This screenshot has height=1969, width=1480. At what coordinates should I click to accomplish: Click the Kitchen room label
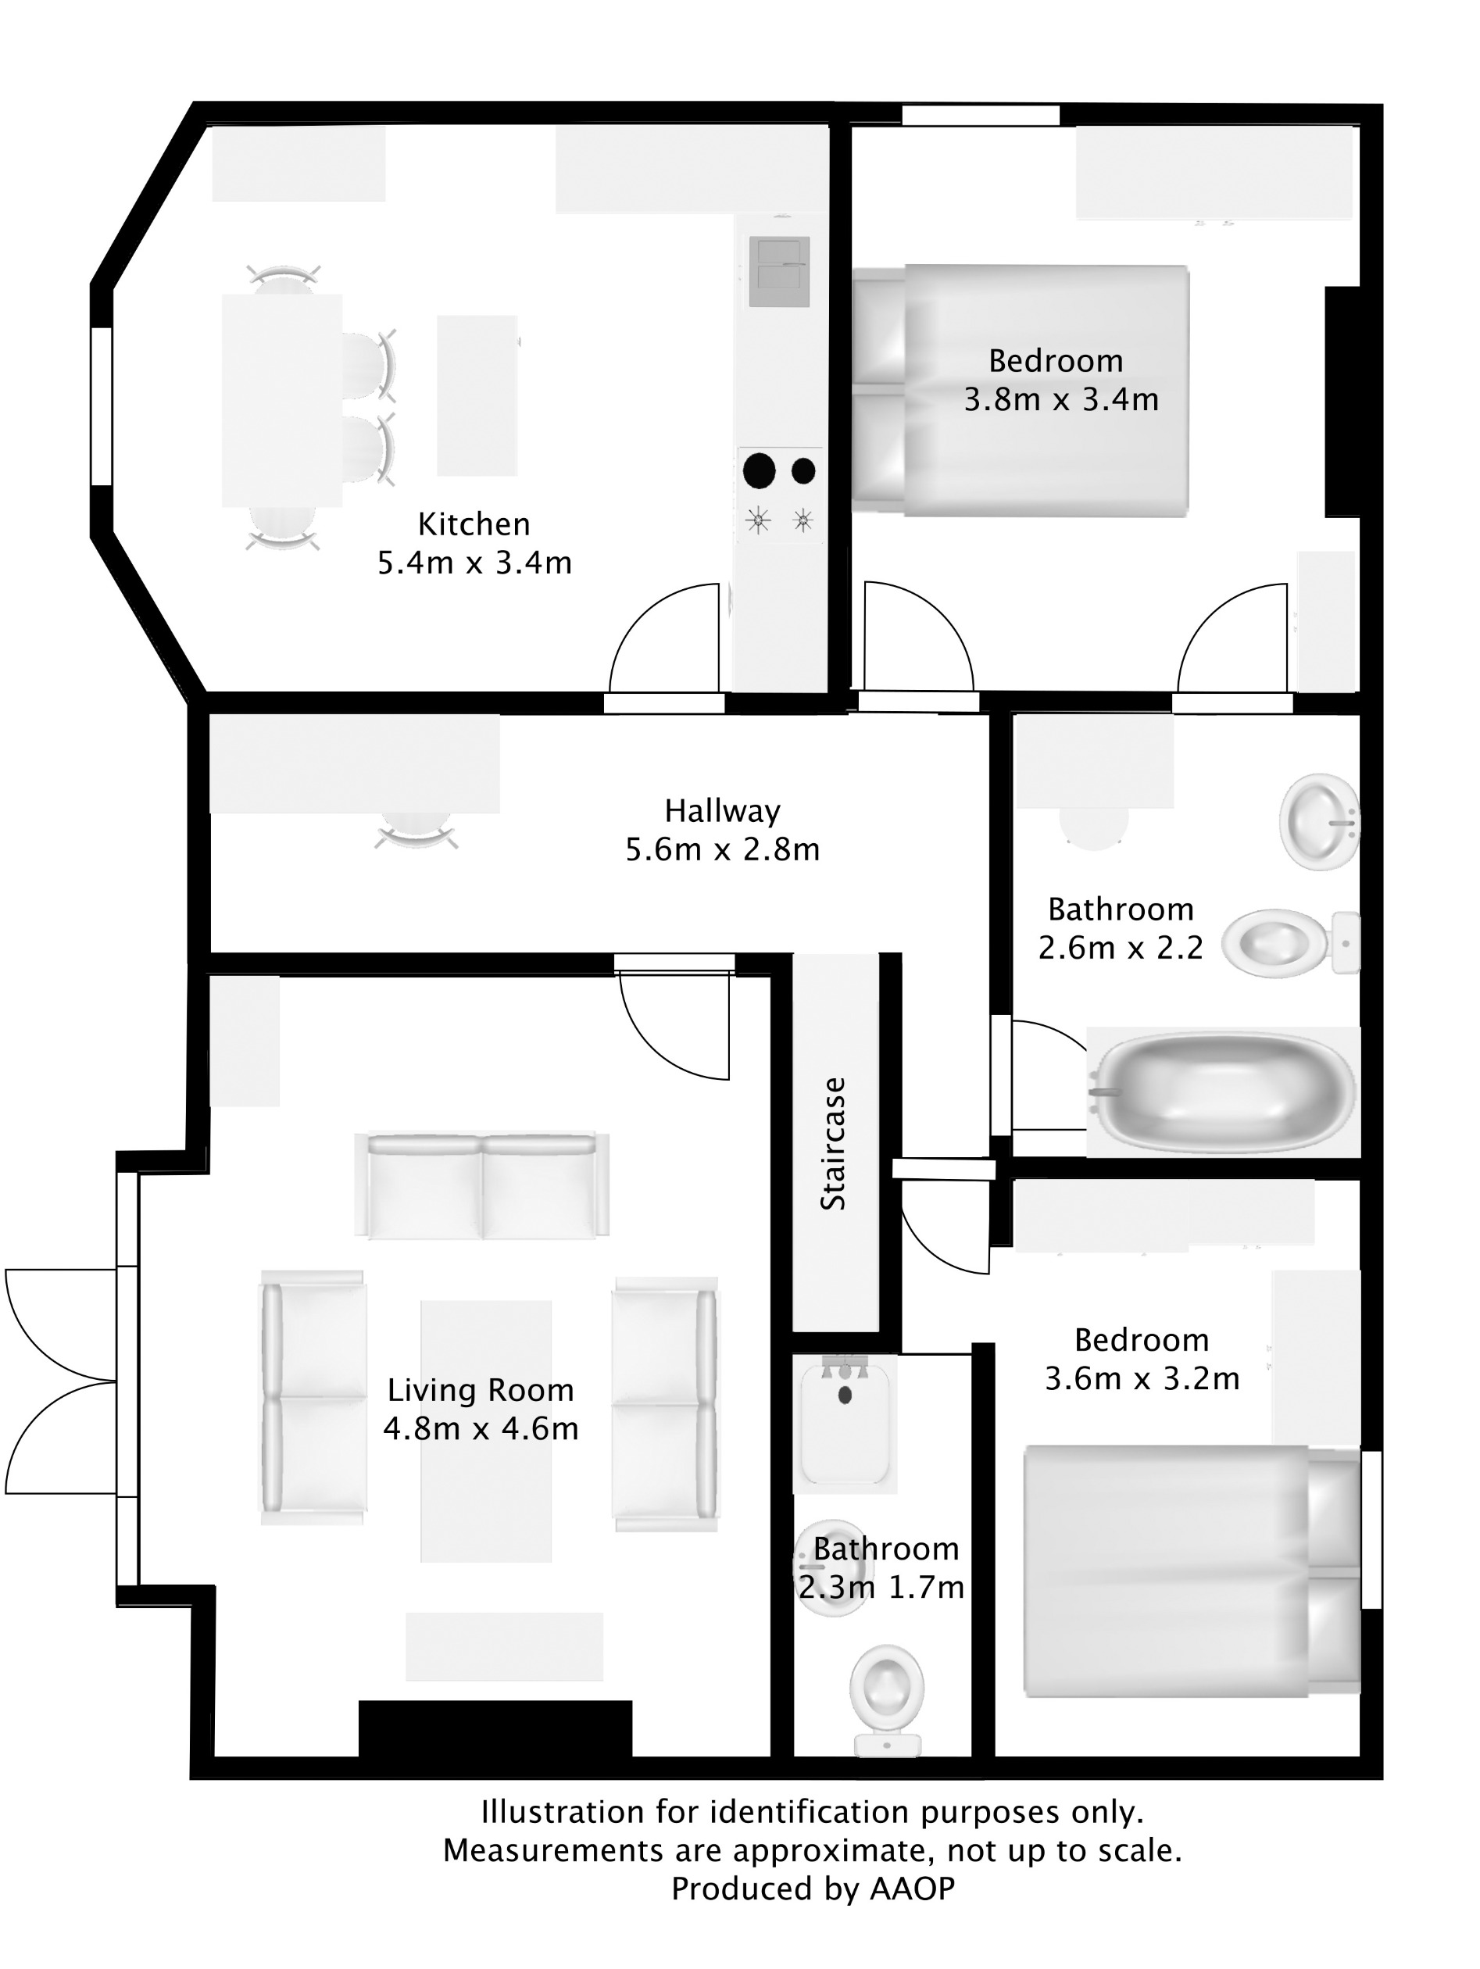coord(474,524)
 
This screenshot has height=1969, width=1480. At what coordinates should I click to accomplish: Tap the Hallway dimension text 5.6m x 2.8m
coord(722,850)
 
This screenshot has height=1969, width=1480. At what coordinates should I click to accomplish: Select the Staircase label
coord(833,1144)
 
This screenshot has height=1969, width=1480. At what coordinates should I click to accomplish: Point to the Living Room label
coord(480,1390)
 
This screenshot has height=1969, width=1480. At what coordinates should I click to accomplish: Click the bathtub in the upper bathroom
coord(1224,1092)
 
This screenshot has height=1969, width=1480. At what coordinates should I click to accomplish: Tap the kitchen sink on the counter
coord(779,270)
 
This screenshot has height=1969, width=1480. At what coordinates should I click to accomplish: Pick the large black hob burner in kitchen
coord(759,471)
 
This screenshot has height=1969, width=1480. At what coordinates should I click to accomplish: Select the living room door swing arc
coord(674,1025)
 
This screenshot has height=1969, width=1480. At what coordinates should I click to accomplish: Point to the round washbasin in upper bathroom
coord(1319,822)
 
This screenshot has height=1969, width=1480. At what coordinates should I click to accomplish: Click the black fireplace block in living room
coord(495,1728)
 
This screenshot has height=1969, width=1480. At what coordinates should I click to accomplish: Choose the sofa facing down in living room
coord(481,1185)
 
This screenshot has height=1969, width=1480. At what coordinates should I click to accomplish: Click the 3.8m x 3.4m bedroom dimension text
coord(1061,400)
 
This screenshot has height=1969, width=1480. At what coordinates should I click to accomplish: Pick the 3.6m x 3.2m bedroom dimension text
coord(1142,1379)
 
